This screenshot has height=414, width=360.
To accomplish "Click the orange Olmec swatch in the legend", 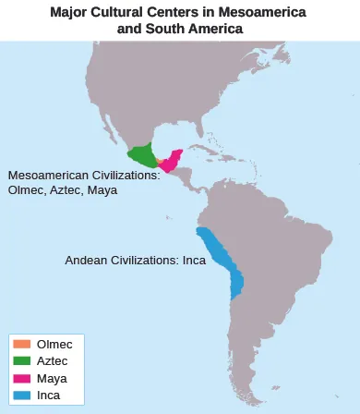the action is (x=22, y=344).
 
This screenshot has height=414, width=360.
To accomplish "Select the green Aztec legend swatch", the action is (x=22, y=360).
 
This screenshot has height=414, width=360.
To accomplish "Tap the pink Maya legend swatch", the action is (x=22, y=378).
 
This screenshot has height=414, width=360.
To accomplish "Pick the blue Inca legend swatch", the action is (x=22, y=396).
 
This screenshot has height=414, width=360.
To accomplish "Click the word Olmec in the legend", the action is (x=54, y=344).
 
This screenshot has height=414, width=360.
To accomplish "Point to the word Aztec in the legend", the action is (x=53, y=360).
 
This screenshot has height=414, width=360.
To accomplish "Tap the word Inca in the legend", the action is (x=49, y=396).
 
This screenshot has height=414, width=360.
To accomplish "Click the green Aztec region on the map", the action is (x=142, y=156).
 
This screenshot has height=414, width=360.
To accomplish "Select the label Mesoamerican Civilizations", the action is (x=83, y=175).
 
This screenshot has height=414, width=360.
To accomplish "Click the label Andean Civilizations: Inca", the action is (x=135, y=261).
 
